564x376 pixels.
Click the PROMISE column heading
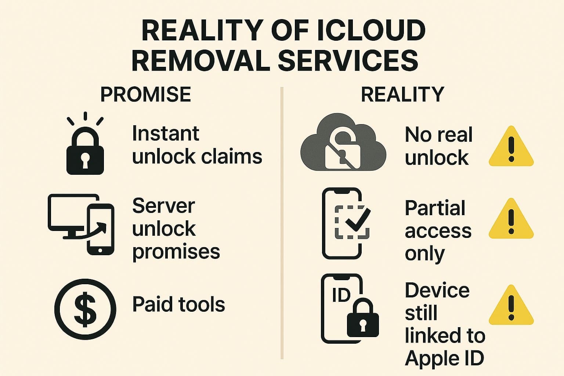tap(145, 95)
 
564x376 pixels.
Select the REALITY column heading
tap(402, 95)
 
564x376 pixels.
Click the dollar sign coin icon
tap(85, 308)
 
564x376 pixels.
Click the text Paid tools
tap(178, 305)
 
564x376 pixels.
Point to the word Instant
tap(165, 133)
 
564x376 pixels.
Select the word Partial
tap(435, 208)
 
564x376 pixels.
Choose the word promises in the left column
tap(176, 252)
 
